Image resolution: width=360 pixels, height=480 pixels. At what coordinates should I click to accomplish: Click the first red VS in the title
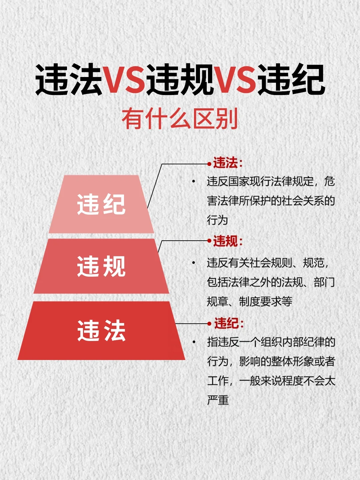click(125, 79)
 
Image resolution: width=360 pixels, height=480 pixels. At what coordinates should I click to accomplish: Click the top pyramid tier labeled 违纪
click(101, 204)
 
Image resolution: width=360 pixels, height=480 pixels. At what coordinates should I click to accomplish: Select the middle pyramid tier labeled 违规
click(101, 266)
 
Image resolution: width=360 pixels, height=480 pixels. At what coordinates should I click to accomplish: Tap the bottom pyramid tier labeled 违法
click(101, 330)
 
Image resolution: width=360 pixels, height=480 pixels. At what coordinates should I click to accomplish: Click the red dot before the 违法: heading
click(209, 164)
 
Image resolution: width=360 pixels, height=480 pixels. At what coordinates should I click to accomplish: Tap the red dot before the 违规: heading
click(209, 241)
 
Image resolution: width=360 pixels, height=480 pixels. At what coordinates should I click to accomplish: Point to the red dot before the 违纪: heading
click(209, 323)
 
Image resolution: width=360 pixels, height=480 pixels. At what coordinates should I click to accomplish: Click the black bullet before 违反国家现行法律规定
click(193, 181)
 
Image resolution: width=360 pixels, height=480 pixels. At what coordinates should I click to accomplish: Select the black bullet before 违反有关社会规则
click(193, 263)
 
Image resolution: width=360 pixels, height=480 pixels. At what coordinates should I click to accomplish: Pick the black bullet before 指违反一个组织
click(194, 342)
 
